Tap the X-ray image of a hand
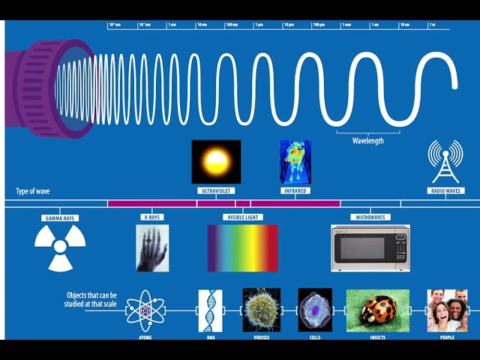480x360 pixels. pyautogui.click(x=152, y=248)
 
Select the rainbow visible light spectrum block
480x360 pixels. pyautogui.click(x=242, y=248)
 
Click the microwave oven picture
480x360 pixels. pyautogui.click(x=370, y=248)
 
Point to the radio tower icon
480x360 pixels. pyautogui.click(x=445, y=160)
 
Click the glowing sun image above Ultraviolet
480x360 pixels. pyautogui.click(x=216, y=161)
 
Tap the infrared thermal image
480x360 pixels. pyautogui.click(x=295, y=161)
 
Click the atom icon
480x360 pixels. pyautogui.click(x=145, y=310)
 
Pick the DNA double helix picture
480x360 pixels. pyautogui.click(x=210, y=310)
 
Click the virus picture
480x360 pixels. pyautogui.click(x=262, y=310)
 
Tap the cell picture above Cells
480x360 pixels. pyautogui.click(x=315, y=310)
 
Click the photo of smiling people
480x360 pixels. pyautogui.click(x=447, y=310)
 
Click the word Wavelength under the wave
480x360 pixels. pyautogui.click(x=367, y=140)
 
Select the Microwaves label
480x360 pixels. pyautogui.click(x=370, y=217)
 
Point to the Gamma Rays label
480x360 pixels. pyautogui.click(x=60, y=218)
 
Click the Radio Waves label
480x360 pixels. pyautogui.click(x=445, y=190)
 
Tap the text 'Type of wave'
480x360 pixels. pyautogui.click(x=34, y=191)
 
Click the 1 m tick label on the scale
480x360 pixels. pyautogui.click(x=432, y=25)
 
